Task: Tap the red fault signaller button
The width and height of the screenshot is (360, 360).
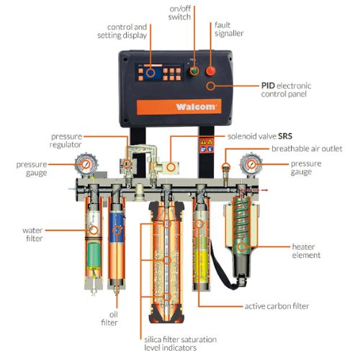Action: point(212,71)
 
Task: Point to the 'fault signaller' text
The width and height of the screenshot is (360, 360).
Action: point(230,29)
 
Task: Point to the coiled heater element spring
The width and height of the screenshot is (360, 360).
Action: point(241,220)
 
